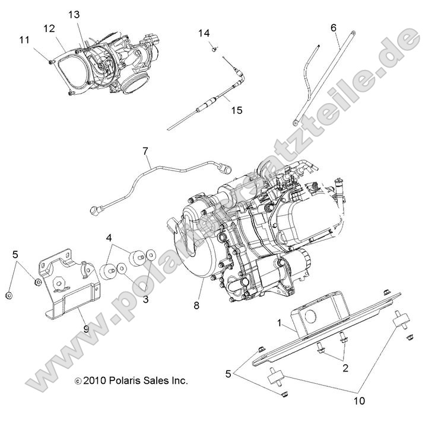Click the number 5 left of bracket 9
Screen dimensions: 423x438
click(x=15, y=255)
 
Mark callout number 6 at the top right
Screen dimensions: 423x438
click(x=333, y=27)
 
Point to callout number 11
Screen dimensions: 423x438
click(x=24, y=40)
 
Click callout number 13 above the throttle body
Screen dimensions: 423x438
click(x=73, y=14)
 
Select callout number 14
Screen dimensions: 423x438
click(x=204, y=33)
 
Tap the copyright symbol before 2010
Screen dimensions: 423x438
click(x=77, y=382)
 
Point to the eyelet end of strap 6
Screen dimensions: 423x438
click(x=295, y=123)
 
